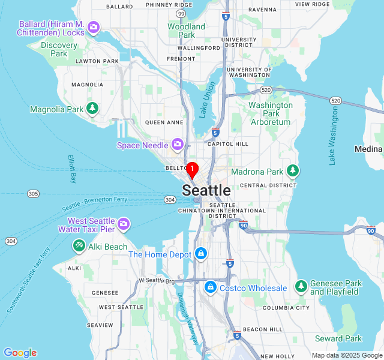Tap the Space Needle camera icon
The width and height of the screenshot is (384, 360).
[177, 144]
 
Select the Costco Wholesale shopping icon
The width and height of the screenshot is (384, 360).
[211, 288]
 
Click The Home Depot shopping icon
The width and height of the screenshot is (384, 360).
[200, 254]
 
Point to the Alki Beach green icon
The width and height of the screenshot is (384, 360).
[79, 246]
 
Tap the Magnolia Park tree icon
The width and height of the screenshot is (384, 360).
[92, 109]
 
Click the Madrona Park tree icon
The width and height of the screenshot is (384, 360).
[293, 171]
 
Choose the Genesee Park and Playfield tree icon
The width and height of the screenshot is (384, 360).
[301, 287]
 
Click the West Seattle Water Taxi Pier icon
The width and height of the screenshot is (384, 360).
[124, 224]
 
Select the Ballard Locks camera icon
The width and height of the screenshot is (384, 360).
[93, 27]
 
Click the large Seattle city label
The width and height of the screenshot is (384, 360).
[206, 190]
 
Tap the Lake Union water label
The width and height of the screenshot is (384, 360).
[208, 100]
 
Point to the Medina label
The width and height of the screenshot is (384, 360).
[368, 149]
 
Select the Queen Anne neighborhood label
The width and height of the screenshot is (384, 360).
[164, 122]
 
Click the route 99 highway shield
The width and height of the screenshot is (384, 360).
[181, 13]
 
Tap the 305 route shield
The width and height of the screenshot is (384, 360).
[34, 193]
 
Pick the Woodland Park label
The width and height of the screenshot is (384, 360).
[186, 31]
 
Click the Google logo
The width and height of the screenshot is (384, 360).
[20, 353]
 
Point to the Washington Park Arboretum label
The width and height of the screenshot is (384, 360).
[271, 113]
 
